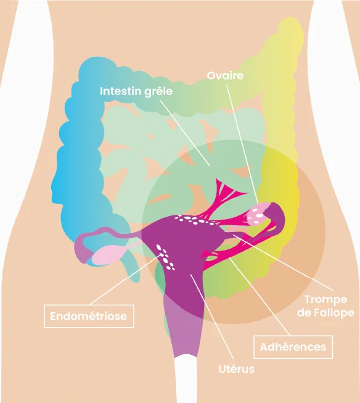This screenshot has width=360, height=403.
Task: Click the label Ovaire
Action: pos(225,75)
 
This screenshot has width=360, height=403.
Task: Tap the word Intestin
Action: pos(118,91)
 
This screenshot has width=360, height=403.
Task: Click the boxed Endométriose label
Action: pos(89,316)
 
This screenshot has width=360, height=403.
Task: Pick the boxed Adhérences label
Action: pos(293,347)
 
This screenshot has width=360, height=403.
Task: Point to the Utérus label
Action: pos(237,369)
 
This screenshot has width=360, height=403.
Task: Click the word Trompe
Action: pos(326,300)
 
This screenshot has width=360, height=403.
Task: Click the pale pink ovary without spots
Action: pos(107,255)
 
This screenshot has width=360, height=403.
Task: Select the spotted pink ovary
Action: pos(258,215)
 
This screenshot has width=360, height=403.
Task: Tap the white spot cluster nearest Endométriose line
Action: pos(165,257)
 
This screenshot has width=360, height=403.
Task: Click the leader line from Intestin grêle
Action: pos(185,133)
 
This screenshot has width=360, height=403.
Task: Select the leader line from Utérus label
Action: pos(211,317)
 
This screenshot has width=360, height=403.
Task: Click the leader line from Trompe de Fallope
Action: pos(283,262)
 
